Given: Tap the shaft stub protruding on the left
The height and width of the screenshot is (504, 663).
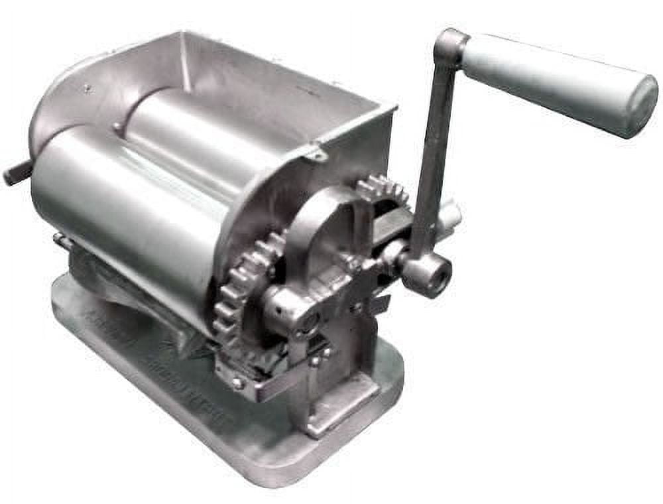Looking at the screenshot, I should (x=17, y=174).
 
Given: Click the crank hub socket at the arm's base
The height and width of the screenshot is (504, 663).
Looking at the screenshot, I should (x=428, y=272).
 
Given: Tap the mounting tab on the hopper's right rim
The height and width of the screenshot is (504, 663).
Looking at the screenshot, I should (x=317, y=153).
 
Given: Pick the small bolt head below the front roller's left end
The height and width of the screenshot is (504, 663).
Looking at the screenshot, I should (x=58, y=237).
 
